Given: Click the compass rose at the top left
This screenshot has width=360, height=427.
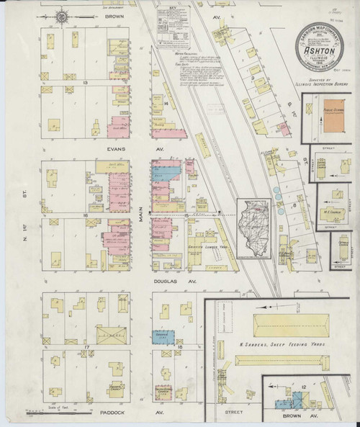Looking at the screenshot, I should (x=63, y=15).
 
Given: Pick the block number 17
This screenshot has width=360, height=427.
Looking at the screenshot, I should (x=86, y=348).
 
